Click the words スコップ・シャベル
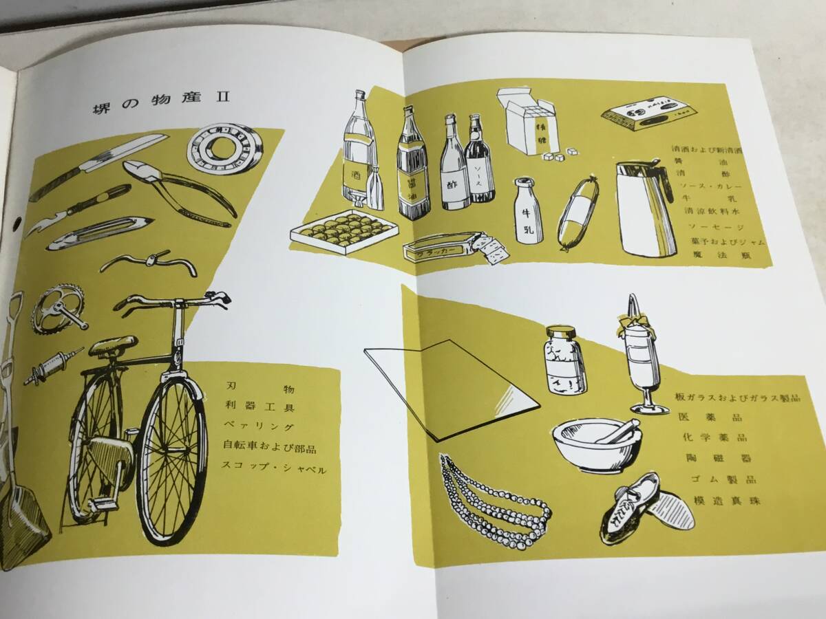[273, 467]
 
